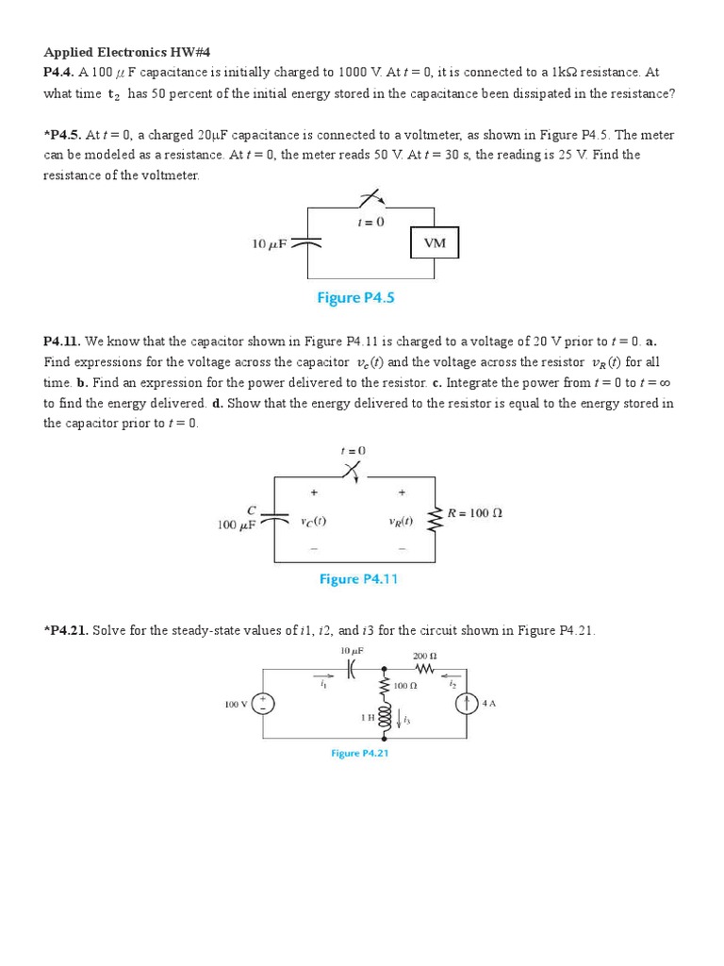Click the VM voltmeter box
click(435, 243)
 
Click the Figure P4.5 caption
click(355, 298)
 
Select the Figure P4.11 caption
click(358, 579)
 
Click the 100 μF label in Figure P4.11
click(237, 525)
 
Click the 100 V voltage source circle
click(263, 704)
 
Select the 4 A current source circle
click(467, 704)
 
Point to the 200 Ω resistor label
click(425, 656)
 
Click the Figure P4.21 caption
click(359, 753)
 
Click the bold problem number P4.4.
click(59, 73)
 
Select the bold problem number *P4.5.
click(62, 135)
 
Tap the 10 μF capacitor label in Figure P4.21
click(352, 651)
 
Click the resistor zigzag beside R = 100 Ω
click(436, 516)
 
